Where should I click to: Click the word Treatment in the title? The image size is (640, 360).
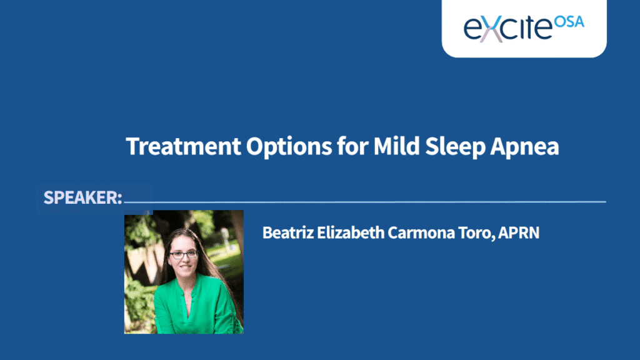click(x=183, y=146)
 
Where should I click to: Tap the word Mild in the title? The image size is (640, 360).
click(x=396, y=146)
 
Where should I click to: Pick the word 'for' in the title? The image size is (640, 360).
click(x=352, y=146)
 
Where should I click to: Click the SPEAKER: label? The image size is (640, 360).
click(x=83, y=197)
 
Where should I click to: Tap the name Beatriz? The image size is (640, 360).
click(x=288, y=232)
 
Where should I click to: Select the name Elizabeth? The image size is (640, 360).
click(x=351, y=232)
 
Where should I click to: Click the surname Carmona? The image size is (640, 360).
click(x=421, y=233)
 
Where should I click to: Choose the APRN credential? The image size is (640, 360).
click(x=519, y=232)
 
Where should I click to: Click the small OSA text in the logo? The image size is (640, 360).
click(x=569, y=22)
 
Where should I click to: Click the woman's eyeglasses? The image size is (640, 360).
click(x=184, y=255)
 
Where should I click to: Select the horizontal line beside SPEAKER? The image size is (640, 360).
click(x=365, y=202)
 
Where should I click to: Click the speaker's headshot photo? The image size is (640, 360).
click(x=184, y=272)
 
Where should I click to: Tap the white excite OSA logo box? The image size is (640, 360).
click(x=524, y=29)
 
